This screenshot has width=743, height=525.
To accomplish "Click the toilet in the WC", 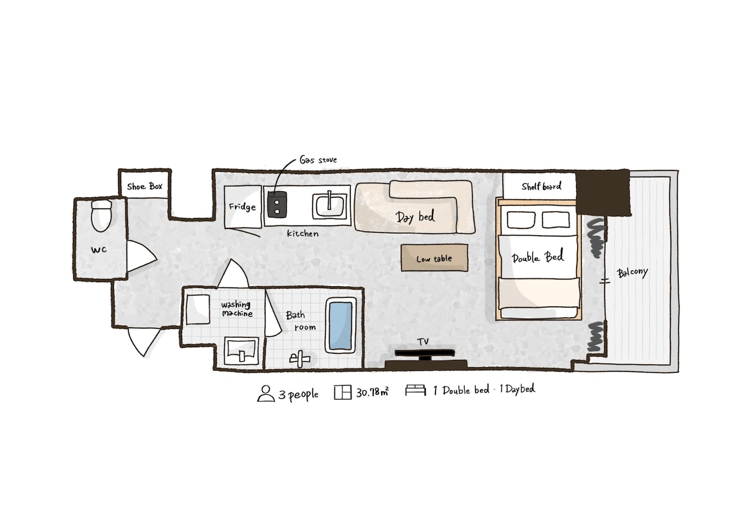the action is point(101,215).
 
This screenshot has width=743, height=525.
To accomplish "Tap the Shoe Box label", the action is point(144,186).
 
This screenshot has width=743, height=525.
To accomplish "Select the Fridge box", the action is point(243,207).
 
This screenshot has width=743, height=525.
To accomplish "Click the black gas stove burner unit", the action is point(277,205).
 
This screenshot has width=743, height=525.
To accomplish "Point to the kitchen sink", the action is point(329,206).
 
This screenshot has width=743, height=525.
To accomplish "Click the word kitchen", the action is point(303,233).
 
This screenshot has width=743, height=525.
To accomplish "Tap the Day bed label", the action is point(415,217).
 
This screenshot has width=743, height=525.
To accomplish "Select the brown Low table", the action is point(434,258).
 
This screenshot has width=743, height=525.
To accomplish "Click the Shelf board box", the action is point(540,186).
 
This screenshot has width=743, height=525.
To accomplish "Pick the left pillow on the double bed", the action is point(521,220).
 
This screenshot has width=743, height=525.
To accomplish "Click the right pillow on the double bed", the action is point(556,220).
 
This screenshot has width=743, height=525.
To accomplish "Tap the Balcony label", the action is point(632,273).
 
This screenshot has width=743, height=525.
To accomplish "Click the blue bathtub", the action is point(340,325).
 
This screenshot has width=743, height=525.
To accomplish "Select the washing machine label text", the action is point(237,309).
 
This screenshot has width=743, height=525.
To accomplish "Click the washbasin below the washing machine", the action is point(241,351).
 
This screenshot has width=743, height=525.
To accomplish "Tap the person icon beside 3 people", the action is point(266,393).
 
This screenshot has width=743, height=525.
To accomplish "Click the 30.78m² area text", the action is point(373,392).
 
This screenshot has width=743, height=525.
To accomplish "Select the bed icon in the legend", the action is point(415,390).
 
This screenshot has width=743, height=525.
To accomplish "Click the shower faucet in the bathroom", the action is point(300,359).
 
